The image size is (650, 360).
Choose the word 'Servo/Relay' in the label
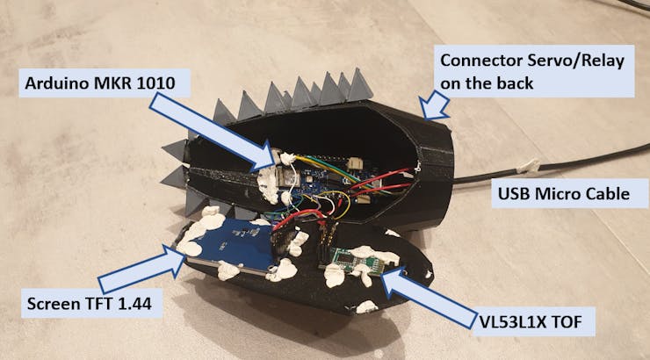(x=573, y=62)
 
